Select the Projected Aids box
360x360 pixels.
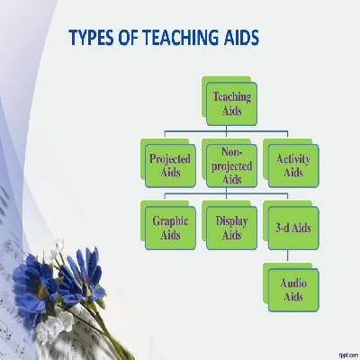pyautogui.click(x=170, y=165)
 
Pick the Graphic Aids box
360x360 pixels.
pyautogui.click(x=170, y=227)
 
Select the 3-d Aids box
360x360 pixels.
pyautogui.click(x=292, y=227)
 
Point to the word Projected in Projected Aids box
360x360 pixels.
pyautogui.click(x=170, y=158)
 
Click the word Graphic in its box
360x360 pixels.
pyautogui.click(x=170, y=220)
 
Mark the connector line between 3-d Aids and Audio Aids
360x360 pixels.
pyautogui.click(x=292, y=256)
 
